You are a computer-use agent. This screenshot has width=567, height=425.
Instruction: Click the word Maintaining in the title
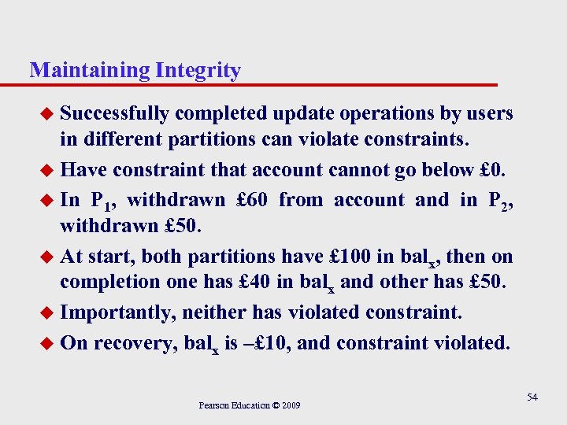coord(89,71)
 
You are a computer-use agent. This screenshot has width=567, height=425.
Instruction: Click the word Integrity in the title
coord(198,71)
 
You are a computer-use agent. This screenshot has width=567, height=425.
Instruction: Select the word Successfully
coord(114,113)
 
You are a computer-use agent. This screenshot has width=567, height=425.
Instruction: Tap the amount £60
coord(251,200)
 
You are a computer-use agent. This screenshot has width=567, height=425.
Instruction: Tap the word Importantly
coord(118,312)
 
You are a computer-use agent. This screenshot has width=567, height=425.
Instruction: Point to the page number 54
coord(532,397)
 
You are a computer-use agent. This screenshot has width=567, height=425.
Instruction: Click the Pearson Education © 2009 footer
coord(249,405)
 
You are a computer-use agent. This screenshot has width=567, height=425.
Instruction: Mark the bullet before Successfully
coord(46,115)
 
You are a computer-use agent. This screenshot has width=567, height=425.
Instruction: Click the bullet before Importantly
coord(46,312)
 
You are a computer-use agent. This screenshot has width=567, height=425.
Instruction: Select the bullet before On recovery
coord(46,343)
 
